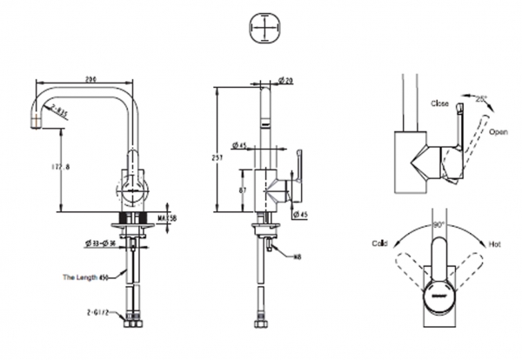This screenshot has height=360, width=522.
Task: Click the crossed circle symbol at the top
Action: tap(262, 29)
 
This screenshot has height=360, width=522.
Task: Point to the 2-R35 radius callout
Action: tap(61, 109)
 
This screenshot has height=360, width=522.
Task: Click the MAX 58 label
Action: tap(169, 217)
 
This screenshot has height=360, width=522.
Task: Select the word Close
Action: tap(439, 103)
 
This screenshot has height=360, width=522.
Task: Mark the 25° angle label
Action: tap(482, 99)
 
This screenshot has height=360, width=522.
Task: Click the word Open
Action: tap(498, 133)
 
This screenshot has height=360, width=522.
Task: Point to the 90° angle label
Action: tap(437, 224)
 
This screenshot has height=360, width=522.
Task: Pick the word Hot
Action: tap(494, 244)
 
